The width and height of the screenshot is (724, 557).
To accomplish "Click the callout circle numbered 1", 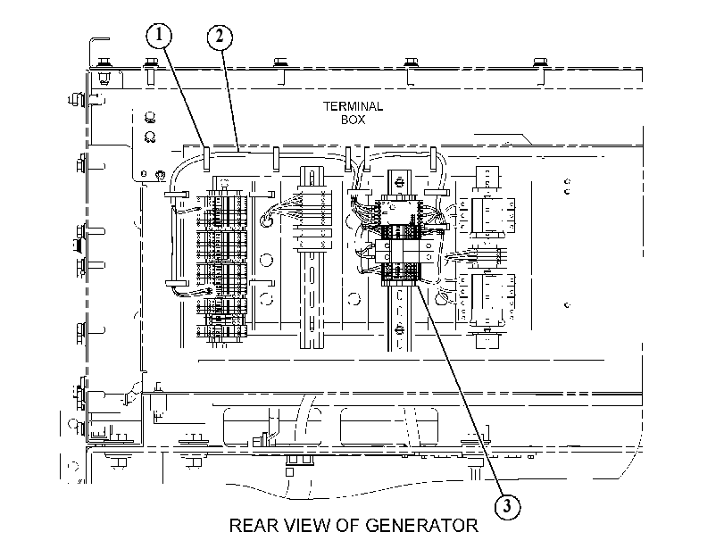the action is (159, 35).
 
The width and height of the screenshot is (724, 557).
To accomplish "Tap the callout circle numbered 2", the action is (220, 37).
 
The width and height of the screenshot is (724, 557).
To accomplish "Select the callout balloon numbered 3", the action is (507, 507).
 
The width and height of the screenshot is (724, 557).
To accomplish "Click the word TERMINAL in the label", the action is (353, 106).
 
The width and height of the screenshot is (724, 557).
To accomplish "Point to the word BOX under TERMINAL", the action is (354, 120).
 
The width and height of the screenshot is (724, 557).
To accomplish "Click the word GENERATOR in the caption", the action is (421, 526).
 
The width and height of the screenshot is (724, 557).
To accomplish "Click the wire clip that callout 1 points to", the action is (206, 159).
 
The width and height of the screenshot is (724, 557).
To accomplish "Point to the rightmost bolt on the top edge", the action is (540, 62).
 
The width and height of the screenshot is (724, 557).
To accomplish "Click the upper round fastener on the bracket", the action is (149, 117).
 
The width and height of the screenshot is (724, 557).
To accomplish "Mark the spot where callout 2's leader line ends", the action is (237, 151).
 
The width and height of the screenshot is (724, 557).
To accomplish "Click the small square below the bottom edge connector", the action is (289, 472).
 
